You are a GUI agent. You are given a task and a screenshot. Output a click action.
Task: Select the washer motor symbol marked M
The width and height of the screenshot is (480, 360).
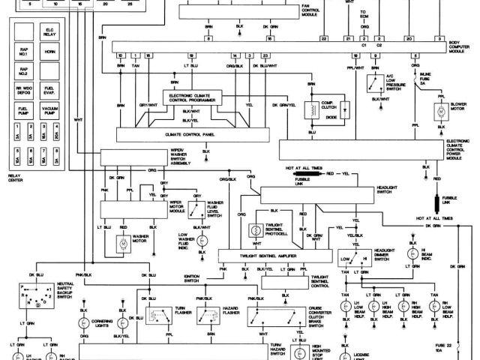coord(121,244)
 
